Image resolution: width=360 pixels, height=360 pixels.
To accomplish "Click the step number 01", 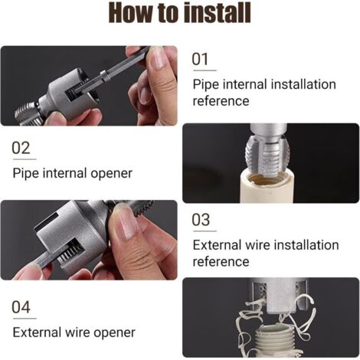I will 200,59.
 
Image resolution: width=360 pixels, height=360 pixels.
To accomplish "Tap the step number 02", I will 21,148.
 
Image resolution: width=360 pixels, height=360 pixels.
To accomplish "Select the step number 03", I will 201,220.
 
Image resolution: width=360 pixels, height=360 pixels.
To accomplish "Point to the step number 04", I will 22,307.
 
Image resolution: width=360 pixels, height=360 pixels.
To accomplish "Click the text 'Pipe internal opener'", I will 73,173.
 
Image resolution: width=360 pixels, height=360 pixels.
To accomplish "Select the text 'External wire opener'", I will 74,332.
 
